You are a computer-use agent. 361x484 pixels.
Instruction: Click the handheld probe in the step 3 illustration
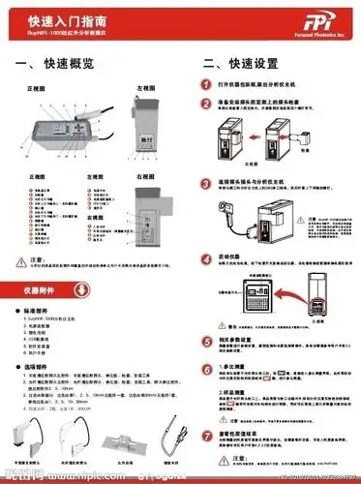[238, 219]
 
